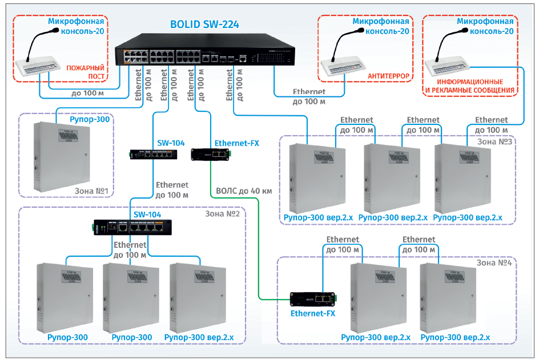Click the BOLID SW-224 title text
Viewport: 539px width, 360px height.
tap(204, 25)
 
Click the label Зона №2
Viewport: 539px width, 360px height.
tap(222, 213)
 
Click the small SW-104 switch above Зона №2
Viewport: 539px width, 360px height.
tap(151, 154)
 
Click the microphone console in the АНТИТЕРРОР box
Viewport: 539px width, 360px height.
tap(343, 63)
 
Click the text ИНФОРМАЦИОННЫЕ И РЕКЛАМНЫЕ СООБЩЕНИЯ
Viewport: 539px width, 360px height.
tap(469, 86)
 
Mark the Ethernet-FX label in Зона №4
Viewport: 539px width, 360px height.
tap(313, 313)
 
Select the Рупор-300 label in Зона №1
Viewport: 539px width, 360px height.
tap(90, 120)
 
